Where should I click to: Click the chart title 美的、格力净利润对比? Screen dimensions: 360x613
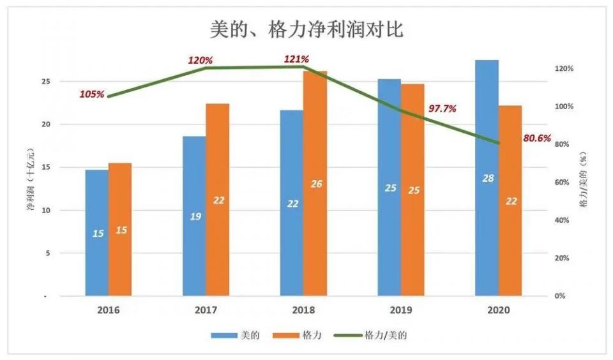click(x=306, y=29)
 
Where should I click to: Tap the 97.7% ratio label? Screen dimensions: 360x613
click(x=442, y=109)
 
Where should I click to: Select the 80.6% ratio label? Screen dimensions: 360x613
click(x=536, y=137)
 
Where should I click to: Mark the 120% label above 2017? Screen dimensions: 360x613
click(x=200, y=60)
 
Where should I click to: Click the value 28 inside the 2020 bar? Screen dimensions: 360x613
click(x=488, y=178)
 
